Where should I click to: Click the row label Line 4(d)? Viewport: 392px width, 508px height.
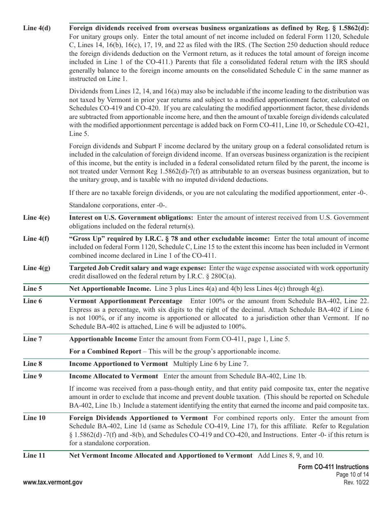pos(37,28)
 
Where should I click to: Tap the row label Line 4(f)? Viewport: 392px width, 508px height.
pos(37,239)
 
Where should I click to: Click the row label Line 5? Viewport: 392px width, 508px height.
pos(33,289)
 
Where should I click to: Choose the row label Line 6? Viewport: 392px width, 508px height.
pos(33,301)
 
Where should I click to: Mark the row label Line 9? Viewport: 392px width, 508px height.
pos(33,376)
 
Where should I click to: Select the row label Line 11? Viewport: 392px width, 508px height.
pos(34,456)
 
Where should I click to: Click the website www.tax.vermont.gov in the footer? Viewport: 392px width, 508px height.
pos(53,482)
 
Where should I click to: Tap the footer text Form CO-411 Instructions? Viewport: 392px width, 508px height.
pos(333,467)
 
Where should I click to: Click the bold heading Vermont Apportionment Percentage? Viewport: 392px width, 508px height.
pos(125,301)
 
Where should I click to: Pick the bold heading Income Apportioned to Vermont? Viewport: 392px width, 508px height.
pos(118,364)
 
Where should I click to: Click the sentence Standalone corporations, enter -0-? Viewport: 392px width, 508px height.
pos(118,205)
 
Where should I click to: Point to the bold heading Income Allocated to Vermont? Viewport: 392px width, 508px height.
pos(113,376)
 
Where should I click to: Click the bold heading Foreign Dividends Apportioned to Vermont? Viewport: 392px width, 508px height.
pos(138,418)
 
